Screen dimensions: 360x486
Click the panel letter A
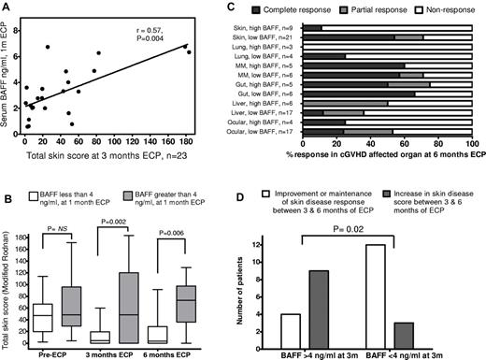[x=7, y=7]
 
